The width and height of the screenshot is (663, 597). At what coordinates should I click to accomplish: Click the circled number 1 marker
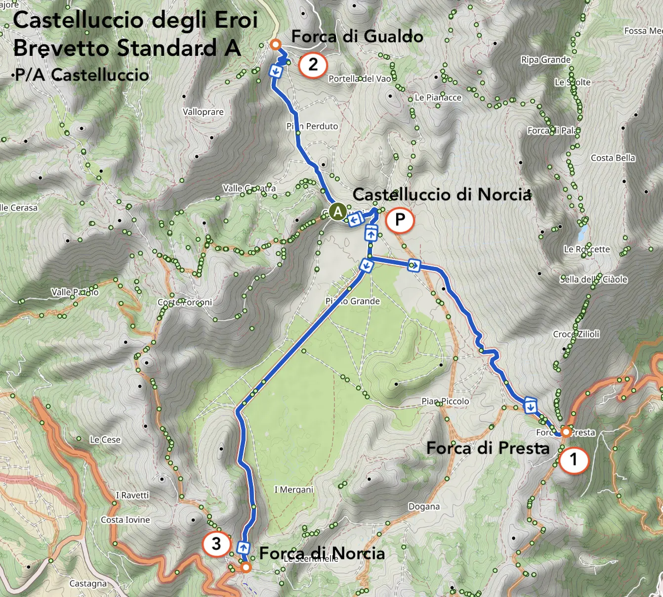coord(574,460)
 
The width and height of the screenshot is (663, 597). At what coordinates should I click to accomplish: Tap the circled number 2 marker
coord(313,65)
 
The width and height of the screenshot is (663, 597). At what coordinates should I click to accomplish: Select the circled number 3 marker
coord(216,544)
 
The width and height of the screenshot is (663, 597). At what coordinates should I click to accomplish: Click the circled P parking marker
coord(400,219)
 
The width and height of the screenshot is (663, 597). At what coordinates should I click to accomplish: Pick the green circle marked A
coord(338,212)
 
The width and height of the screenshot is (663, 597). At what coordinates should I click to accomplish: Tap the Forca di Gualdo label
coord(357,37)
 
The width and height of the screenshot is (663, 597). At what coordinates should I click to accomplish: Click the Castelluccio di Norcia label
coord(442,195)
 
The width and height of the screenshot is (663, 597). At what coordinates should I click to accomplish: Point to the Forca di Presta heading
coord(488,448)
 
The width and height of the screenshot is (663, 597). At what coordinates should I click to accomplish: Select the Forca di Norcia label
coord(322,553)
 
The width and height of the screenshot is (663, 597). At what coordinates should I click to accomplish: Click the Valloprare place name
coord(203,112)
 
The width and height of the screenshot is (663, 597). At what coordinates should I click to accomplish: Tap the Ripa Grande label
coord(545,60)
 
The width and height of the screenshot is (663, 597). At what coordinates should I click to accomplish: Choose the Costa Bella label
coord(613,158)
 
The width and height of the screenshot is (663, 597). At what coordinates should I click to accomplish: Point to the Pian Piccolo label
coord(445,401)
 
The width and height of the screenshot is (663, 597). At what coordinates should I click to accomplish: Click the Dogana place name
coord(424,507)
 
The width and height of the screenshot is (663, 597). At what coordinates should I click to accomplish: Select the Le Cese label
coord(105,440)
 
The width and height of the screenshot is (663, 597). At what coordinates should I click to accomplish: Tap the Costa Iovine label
coord(125,520)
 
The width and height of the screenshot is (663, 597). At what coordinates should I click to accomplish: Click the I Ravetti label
coord(132,495)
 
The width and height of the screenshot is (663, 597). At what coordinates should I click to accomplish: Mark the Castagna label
coord(88,584)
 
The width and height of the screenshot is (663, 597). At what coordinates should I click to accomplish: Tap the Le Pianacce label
coord(438,98)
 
